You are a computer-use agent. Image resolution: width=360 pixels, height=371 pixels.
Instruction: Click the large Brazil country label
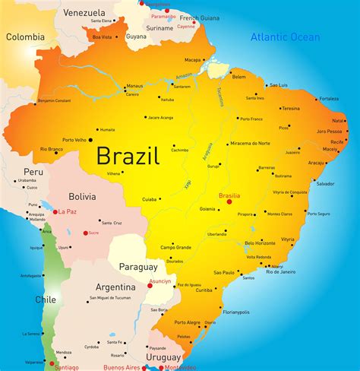click(128, 157)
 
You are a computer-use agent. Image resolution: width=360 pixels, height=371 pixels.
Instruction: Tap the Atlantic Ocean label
click(285, 36)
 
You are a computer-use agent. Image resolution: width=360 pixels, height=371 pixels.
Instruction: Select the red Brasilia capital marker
click(229, 202)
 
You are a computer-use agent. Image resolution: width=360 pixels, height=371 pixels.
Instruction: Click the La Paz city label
click(68, 211)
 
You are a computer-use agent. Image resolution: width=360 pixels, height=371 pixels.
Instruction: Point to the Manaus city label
click(134, 86)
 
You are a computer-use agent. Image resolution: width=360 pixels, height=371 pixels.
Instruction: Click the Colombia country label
click(25, 36)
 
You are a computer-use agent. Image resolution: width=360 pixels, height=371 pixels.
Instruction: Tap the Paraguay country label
click(137, 267)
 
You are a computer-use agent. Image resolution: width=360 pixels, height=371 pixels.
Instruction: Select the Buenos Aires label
click(124, 367)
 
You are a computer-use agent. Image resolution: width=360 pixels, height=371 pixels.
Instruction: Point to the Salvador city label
click(325, 183)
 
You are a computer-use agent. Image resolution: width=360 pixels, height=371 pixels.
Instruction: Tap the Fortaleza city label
click(329, 99)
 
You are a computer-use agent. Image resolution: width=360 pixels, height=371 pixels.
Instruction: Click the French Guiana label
click(199, 17)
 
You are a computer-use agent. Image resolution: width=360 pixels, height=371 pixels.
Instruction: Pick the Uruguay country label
click(163, 357)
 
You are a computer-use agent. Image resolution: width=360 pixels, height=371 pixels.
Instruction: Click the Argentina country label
click(115, 287)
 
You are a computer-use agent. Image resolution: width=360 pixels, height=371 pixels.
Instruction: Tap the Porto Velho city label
click(75, 139)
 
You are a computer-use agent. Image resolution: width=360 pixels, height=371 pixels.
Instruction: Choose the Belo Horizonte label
click(260, 243)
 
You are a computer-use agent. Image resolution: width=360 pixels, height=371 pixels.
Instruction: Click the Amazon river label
click(184, 77)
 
